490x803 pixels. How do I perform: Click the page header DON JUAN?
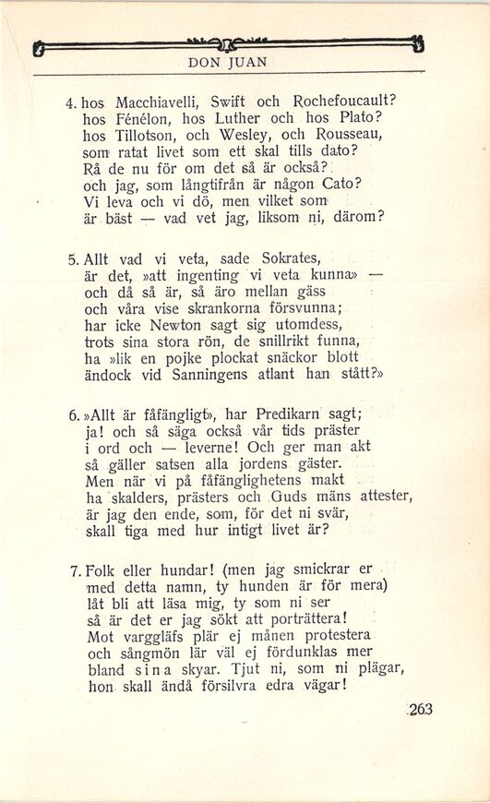227,64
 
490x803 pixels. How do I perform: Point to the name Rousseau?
360,134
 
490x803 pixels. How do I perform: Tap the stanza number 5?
73,258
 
